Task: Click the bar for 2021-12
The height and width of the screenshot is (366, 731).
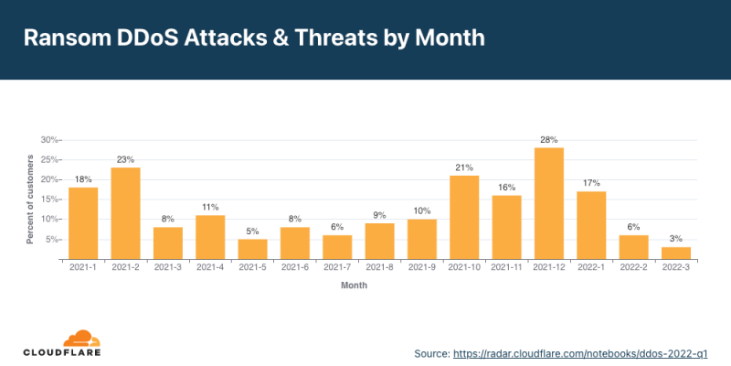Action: [x=549, y=204]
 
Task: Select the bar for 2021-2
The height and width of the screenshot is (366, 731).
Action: [x=125, y=214]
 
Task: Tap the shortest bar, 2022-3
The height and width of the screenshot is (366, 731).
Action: [x=676, y=253]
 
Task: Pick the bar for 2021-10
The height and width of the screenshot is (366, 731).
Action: [x=464, y=218]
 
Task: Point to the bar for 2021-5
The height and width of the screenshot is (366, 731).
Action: [x=252, y=250]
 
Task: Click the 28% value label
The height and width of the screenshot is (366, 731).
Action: [x=549, y=139]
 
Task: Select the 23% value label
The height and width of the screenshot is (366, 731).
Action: [x=125, y=159]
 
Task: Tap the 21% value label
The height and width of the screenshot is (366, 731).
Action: [x=464, y=167]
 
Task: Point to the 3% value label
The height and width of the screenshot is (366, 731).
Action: [x=676, y=239]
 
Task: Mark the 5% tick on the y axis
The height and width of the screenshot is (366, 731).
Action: [x=51, y=240]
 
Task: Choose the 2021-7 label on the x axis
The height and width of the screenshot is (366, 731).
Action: [x=337, y=267]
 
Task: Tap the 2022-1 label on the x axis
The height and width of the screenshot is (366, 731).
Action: [x=591, y=267]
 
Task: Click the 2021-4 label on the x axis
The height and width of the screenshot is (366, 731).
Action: [x=210, y=267]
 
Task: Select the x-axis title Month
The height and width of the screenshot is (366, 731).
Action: [x=355, y=285]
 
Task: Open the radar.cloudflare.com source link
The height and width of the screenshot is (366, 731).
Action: [x=579, y=351]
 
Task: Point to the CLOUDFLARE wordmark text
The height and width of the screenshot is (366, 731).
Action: [x=62, y=352]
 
